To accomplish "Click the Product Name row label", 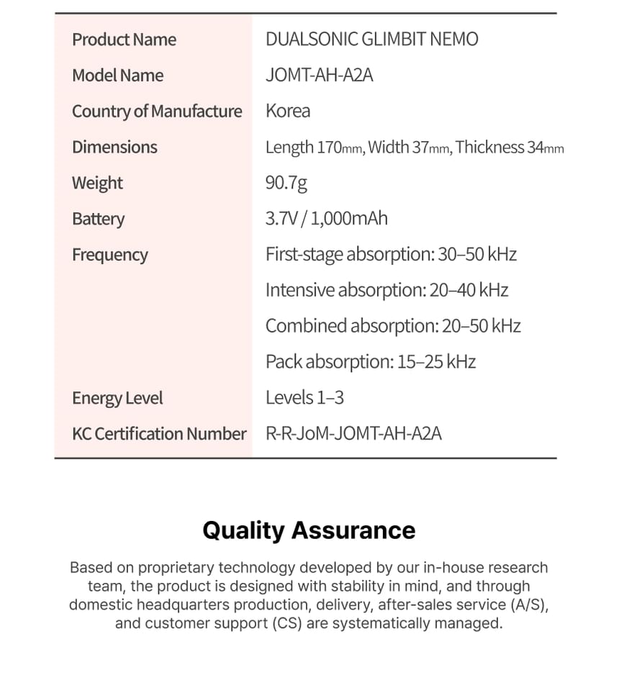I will click(x=124, y=40).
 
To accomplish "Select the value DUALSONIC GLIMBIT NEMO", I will click(x=371, y=40).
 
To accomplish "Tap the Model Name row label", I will click(x=117, y=76).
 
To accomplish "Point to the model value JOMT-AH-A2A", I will click(x=319, y=76).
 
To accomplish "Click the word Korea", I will click(x=288, y=111).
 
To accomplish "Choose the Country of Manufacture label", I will click(x=157, y=112).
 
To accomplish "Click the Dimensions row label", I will click(x=114, y=147).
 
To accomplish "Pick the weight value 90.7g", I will click(x=286, y=183).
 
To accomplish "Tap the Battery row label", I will click(x=98, y=219).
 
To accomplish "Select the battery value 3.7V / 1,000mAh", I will click(x=326, y=219).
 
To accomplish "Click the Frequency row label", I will click(x=109, y=255).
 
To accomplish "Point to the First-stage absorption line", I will click(x=391, y=255).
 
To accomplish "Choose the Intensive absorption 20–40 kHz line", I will click(x=387, y=290).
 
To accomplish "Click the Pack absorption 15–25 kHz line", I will click(x=370, y=361).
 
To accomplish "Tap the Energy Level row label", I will click(x=117, y=398).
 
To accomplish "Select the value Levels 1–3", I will click(x=304, y=398).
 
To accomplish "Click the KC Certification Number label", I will click(x=159, y=434).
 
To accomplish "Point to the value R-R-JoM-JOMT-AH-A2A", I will click(x=353, y=434).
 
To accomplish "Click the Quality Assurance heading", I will click(x=309, y=530).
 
